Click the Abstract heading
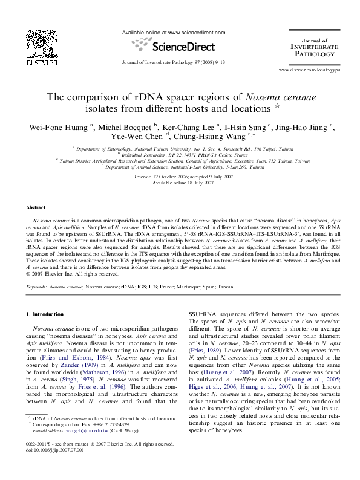pyautogui.click(x=37, y=207)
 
